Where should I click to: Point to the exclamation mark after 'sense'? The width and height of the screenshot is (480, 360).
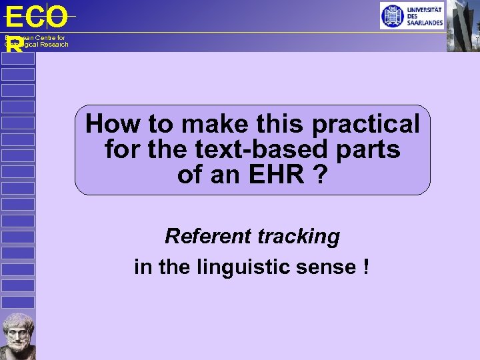pos(366,267)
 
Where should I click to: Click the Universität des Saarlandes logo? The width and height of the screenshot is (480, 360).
pos(411,15)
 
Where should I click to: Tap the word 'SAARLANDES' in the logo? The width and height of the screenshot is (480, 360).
pos(425,23)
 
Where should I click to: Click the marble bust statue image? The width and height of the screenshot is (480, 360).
pos(17,336)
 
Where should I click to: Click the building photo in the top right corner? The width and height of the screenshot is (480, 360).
pos(463,25)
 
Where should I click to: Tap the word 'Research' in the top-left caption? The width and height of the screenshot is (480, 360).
pos(52,45)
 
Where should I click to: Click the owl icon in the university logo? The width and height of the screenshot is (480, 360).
pos(393,15)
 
